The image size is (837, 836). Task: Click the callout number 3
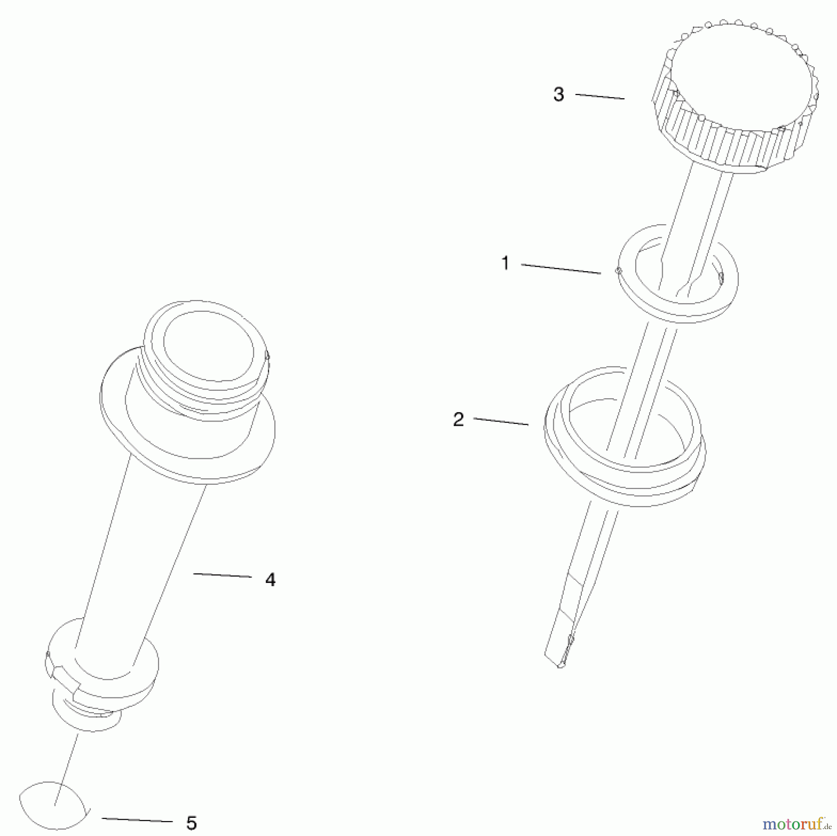[x=558, y=94]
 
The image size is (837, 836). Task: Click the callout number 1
[x=505, y=263]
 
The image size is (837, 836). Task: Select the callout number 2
[x=458, y=420]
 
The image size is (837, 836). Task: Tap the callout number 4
[x=270, y=580]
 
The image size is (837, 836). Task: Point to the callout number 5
[x=191, y=823]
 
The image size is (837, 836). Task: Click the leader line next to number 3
[x=600, y=96]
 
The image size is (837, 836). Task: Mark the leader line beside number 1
[x=560, y=268]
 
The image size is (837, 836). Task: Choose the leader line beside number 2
[x=501, y=421]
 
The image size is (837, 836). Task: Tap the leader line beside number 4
[x=222, y=575]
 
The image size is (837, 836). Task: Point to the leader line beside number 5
[x=137, y=820]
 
